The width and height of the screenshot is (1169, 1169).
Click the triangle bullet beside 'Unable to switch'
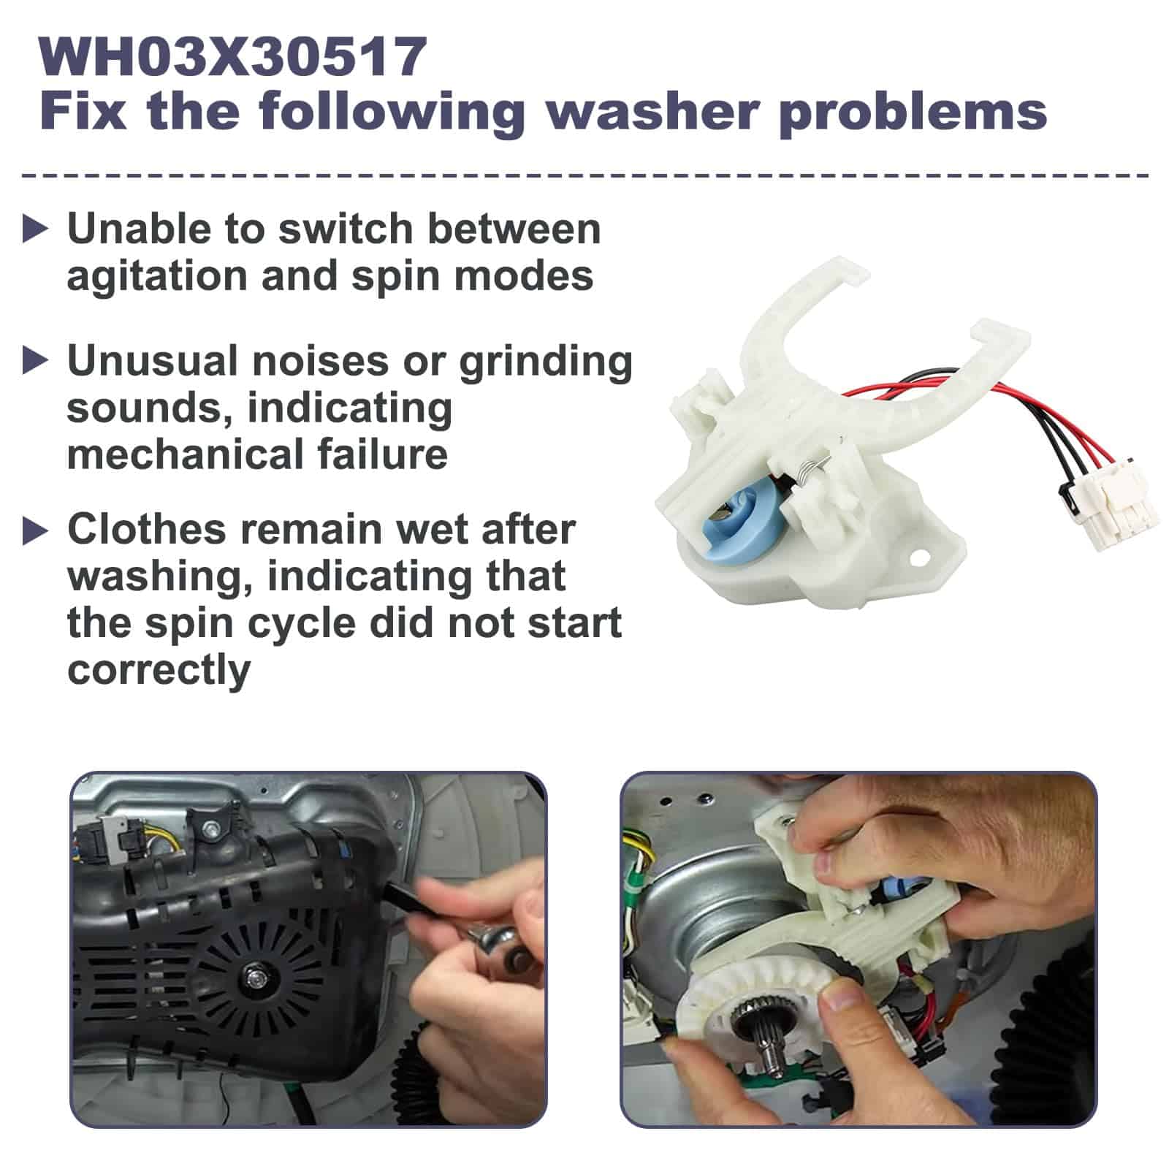pos(34,229)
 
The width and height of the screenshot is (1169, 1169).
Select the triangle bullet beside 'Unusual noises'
pos(34,361)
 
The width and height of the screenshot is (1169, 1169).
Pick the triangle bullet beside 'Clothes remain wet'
pos(34,530)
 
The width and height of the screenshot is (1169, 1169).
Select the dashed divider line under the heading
pos(584,175)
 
